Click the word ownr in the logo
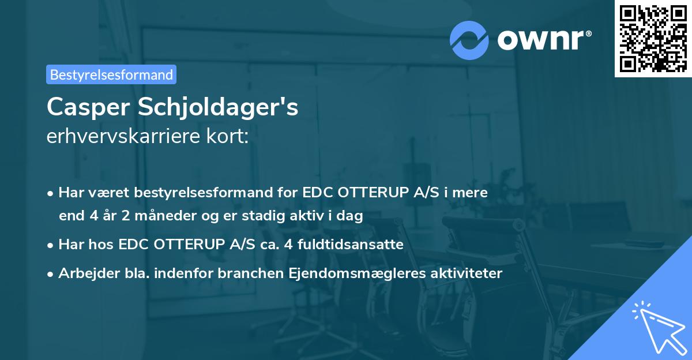[543, 40]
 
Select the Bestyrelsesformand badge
[111, 74]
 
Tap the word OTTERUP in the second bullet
[188, 245]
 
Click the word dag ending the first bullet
[351, 216]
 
